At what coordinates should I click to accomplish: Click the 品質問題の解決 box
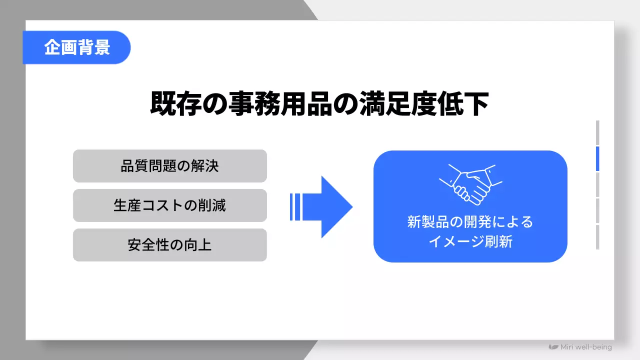[x=170, y=166]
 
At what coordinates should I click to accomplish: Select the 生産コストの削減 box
[x=170, y=205]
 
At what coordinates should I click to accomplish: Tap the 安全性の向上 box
[x=170, y=245]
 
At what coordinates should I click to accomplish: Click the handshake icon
[x=470, y=182]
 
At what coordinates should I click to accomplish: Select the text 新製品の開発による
[x=470, y=221]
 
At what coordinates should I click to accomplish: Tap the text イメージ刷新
[x=470, y=241]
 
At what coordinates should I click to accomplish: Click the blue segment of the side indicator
[x=597, y=159]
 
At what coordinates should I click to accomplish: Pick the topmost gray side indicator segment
[x=597, y=132]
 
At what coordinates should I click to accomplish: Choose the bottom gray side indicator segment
[x=597, y=237]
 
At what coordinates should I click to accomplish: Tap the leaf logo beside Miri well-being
[x=553, y=347]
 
